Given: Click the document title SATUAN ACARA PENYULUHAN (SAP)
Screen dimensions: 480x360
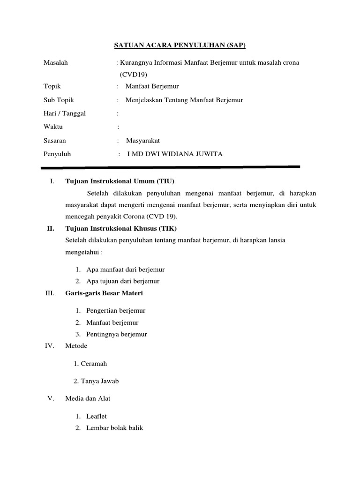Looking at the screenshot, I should pyautogui.click(x=180, y=45).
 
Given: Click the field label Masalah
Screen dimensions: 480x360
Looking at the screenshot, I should pyautogui.click(x=55, y=62).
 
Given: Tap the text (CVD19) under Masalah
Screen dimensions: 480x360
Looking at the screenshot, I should pyautogui.click(x=134, y=74).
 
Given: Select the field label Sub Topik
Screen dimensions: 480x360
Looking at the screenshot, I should pyautogui.click(x=59, y=100).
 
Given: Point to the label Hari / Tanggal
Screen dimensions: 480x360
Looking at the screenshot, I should pyautogui.click(x=65, y=113).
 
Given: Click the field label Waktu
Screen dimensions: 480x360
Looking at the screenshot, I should pyautogui.click(x=53, y=127).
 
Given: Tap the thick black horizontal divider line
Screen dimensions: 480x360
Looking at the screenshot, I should pyautogui.click(x=170, y=167).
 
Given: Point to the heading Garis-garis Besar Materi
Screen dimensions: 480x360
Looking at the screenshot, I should pyautogui.click(x=104, y=293).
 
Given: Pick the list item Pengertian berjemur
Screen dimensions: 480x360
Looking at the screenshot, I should pyautogui.click(x=116, y=310).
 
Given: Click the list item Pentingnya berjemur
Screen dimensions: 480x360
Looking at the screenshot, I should pyautogui.click(x=117, y=334).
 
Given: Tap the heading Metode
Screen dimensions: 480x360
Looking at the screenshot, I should pyautogui.click(x=76, y=346).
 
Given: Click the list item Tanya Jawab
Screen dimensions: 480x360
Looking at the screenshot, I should pyautogui.click(x=99, y=381).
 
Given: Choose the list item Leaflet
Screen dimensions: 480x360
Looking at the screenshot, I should pyautogui.click(x=97, y=416).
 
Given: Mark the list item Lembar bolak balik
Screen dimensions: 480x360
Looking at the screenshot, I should pyautogui.click(x=114, y=427).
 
